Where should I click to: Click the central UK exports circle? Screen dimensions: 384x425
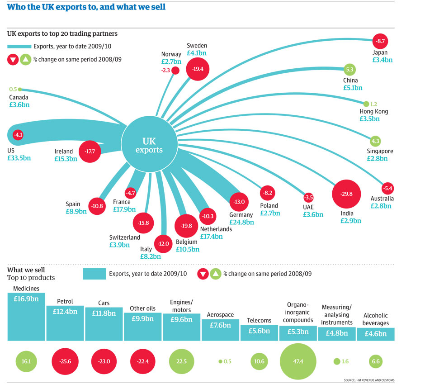click(x=149, y=143)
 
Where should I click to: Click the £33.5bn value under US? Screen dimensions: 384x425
click(x=19, y=158)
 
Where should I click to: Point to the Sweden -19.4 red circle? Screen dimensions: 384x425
click(x=198, y=69)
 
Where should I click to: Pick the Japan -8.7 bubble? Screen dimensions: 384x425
click(x=380, y=42)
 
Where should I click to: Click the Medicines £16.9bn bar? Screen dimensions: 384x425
click(x=27, y=317)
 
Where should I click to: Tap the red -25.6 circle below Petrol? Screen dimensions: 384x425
click(x=65, y=361)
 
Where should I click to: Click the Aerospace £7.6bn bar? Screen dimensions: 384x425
click(x=220, y=330)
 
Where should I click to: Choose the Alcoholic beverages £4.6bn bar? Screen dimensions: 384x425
click(x=375, y=334)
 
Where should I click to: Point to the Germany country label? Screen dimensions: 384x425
click(x=241, y=215)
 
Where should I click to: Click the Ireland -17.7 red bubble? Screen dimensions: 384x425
click(x=90, y=152)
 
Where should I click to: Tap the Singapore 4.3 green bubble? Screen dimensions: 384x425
click(x=376, y=141)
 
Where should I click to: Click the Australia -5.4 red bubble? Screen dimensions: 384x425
click(x=387, y=188)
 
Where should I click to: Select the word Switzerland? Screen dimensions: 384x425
click(x=125, y=237)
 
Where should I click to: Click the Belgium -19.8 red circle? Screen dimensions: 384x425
click(x=186, y=226)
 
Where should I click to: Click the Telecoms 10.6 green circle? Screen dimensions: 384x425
click(x=259, y=361)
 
